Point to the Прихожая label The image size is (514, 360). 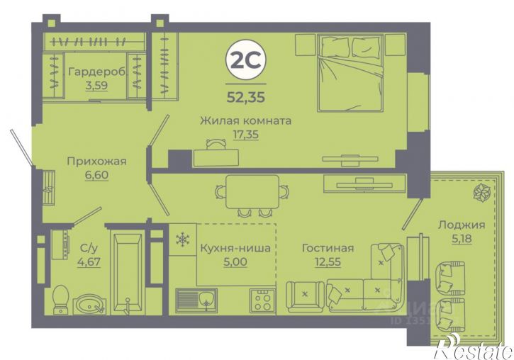coord(96,161)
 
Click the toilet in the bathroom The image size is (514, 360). coord(61,297)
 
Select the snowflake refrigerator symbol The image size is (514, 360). coord(182,240)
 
